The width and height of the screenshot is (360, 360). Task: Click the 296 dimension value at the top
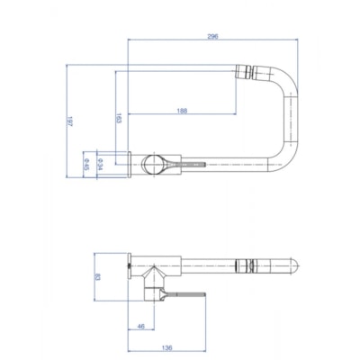pos(212,37)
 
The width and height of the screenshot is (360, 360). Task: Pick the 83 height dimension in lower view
pos(98,278)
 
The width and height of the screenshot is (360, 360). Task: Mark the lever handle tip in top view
pos(203,164)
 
